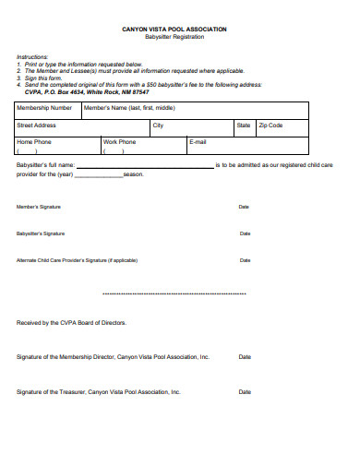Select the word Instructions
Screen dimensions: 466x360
(x=33, y=56)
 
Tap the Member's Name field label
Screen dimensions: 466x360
(x=129, y=107)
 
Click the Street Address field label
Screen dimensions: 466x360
(x=37, y=125)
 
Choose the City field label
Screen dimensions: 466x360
(x=158, y=125)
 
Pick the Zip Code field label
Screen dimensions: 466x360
(x=270, y=125)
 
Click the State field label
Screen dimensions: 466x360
(x=244, y=125)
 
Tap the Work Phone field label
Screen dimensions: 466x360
(x=119, y=142)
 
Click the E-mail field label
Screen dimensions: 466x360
(x=198, y=142)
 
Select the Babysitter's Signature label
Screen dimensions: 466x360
(x=41, y=233)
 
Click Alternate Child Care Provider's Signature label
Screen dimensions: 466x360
(x=77, y=260)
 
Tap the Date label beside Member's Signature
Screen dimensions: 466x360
(x=245, y=207)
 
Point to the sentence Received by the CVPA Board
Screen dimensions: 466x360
(x=72, y=323)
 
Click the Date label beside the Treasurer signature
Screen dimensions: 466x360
(x=245, y=391)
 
